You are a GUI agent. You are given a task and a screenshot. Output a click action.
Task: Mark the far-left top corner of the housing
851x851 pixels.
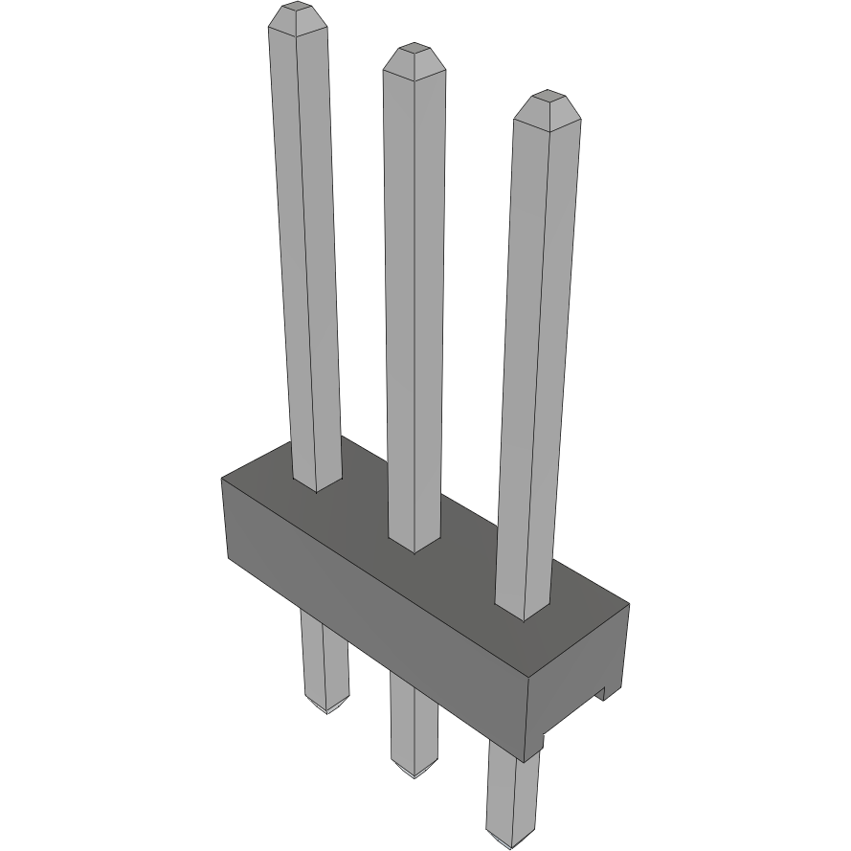[x=223, y=478]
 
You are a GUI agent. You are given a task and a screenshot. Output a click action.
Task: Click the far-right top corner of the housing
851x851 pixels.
[x=629, y=604]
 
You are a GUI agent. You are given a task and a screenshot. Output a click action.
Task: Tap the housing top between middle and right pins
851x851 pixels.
[x=469, y=565]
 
